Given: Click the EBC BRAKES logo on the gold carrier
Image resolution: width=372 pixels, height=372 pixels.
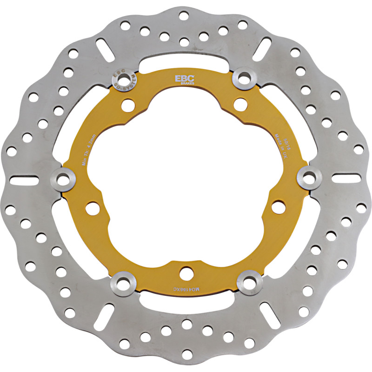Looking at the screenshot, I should (181, 79).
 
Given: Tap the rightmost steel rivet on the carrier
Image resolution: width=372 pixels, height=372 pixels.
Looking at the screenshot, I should (307, 176).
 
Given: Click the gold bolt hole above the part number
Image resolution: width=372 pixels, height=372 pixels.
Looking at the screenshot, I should (186, 272).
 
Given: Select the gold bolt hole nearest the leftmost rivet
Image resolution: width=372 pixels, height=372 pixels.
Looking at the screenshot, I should (92, 208).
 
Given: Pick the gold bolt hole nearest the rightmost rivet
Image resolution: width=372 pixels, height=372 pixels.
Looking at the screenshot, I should (278, 206).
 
